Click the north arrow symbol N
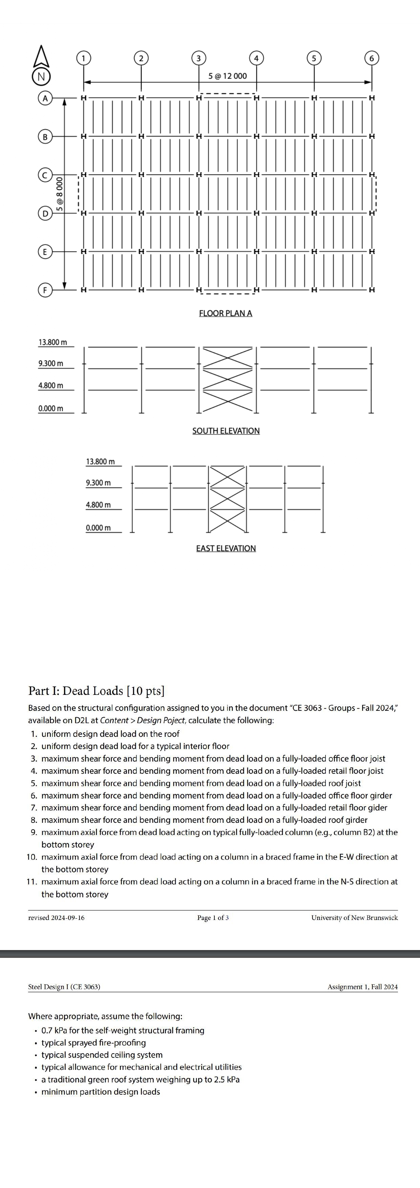[x=41, y=76]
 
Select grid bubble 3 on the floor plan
[x=198, y=58]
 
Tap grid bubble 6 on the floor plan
[x=371, y=58]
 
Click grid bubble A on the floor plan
[x=45, y=98]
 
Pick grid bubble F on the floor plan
[x=45, y=290]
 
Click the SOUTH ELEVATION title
[x=226, y=431]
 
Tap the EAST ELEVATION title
[x=226, y=548]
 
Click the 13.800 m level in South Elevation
[x=52, y=342]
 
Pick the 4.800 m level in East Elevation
[x=98, y=505]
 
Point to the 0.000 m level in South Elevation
[x=51, y=409]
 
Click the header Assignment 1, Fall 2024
[x=362, y=987]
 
